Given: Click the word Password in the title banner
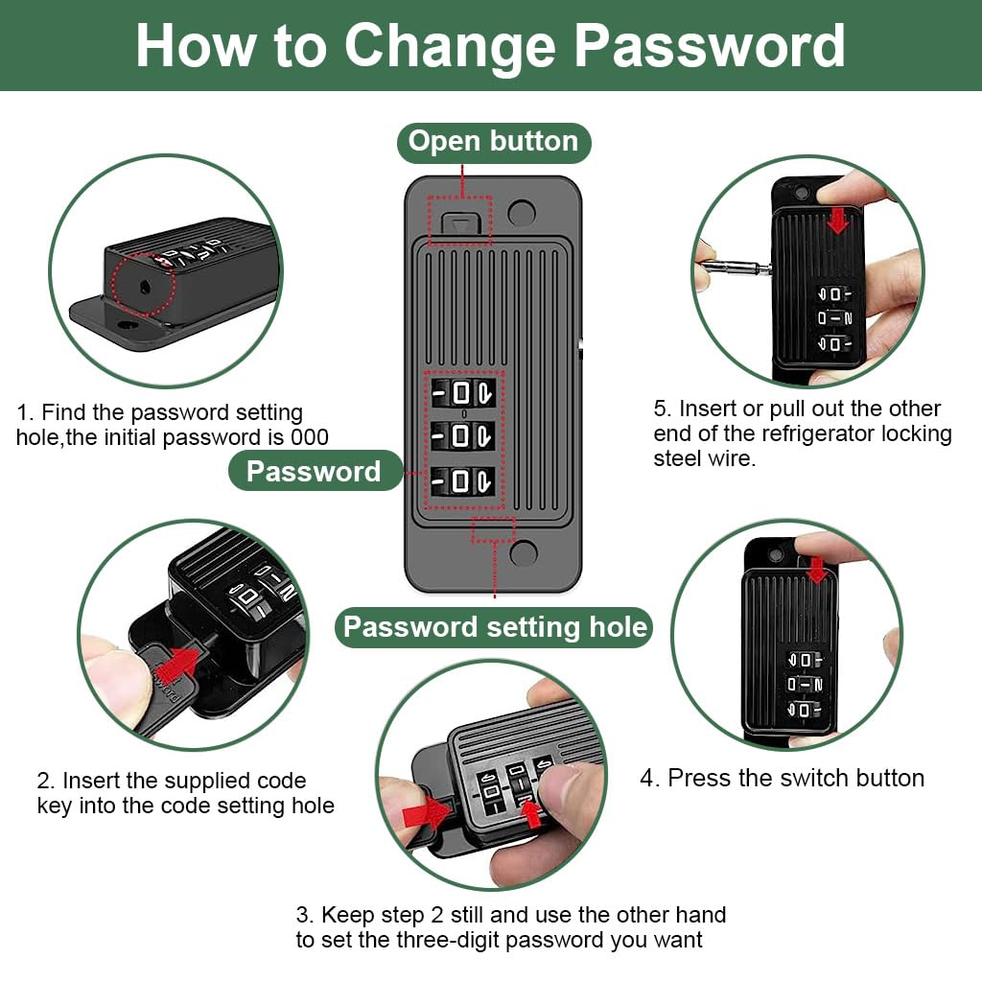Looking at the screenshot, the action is click(710, 46).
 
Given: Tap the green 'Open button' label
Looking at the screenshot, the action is click(494, 142).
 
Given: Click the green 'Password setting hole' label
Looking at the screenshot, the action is click(495, 627).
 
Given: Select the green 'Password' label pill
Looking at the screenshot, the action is click(315, 471).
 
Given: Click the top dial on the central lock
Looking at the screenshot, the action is click(464, 394).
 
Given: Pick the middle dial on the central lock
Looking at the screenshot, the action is click(464, 436).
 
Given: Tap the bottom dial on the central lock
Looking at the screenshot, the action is click(464, 481).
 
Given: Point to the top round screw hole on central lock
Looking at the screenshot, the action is click(522, 213).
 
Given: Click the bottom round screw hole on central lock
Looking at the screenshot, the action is click(524, 553).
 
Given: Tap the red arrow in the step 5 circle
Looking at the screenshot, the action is click(837, 221).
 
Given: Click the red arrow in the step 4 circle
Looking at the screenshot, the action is click(817, 571).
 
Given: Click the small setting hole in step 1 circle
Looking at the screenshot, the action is click(145, 288).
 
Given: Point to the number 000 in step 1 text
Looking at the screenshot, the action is click(310, 437).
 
